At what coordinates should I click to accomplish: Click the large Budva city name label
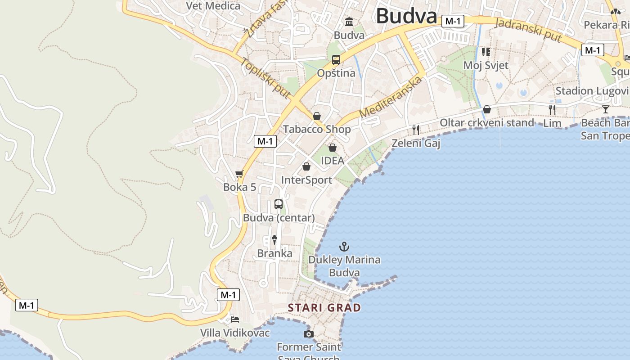pyautogui.click(x=406, y=16)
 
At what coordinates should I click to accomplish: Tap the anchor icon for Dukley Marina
pyautogui.click(x=344, y=247)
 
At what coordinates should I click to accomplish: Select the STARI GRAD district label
pyautogui.click(x=324, y=308)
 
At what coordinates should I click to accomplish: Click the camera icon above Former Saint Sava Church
pyautogui.click(x=308, y=334)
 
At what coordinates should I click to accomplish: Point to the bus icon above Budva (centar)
pyautogui.click(x=279, y=204)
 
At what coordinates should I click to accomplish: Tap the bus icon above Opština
pyautogui.click(x=336, y=59)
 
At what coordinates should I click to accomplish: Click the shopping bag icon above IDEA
pyautogui.click(x=333, y=147)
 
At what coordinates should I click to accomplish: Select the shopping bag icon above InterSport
pyautogui.click(x=306, y=166)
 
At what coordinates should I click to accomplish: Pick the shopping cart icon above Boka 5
pyautogui.click(x=239, y=174)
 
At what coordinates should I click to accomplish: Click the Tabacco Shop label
pyautogui.click(x=317, y=130)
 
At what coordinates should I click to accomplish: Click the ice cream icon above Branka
pyautogui.click(x=274, y=240)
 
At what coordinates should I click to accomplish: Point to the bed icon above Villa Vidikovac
pyautogui.click(x=235, y=319)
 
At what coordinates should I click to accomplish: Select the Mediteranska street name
pyautogui.click(x=391, y=98)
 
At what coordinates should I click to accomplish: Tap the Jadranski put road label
pyautogui.click(x=528, y=31)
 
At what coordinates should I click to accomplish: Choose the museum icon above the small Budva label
pyautogui.click(x=349, y=22)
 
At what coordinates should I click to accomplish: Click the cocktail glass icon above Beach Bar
pyautogui.click(x=606, y=109)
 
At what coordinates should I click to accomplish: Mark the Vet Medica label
pyautogui.click(x=213, y=6)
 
